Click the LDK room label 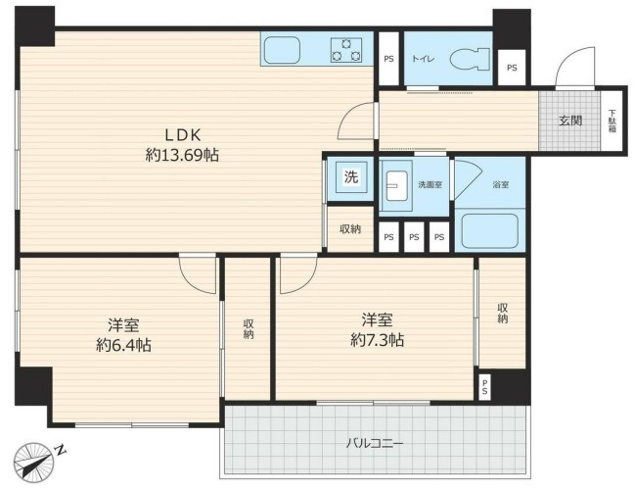coord(182,135)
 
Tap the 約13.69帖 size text coord(182,154)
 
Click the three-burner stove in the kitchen coord(346,50)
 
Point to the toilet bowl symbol coord(471,60)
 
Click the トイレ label coord(423,58)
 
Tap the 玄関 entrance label coord(569,121)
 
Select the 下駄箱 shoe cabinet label coord(612,121)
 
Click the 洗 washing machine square coord(350,178)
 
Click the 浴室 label coord(500,184)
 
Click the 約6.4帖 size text coord(122,344)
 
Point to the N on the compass coord(61,451)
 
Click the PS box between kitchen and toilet coord(388,59)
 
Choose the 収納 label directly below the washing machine coord(350,229)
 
